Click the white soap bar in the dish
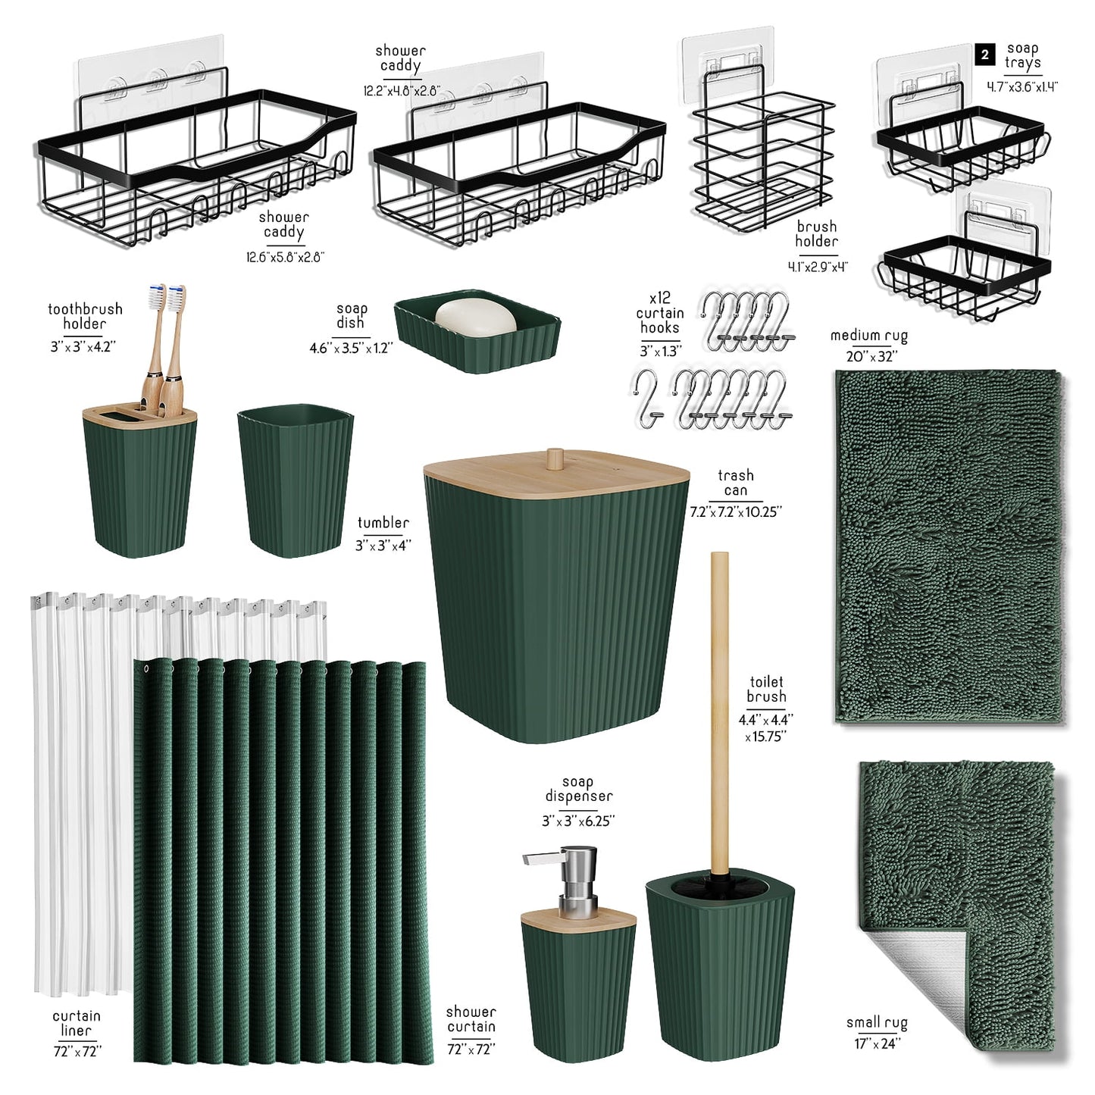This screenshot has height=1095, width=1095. click(x=476, y=317)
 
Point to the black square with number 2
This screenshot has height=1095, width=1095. click(x=985, y=55)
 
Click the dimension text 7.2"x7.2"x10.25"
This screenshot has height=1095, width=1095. click(x=736, y=512)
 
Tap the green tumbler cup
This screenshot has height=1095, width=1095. click(x=295, y=480)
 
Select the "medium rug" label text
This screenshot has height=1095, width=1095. click(x=869, y=336)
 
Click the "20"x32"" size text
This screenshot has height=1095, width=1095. click(x=871, y=356)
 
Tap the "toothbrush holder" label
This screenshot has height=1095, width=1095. click(x=85, y=317)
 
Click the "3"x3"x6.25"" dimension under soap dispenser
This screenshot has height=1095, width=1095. click(x=578, y=821)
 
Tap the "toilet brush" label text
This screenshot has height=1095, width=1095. click(x=766, y=689)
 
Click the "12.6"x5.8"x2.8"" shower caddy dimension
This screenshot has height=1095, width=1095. click(x=285, y=258)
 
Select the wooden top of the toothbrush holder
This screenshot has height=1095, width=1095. click(x=139, y=413)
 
